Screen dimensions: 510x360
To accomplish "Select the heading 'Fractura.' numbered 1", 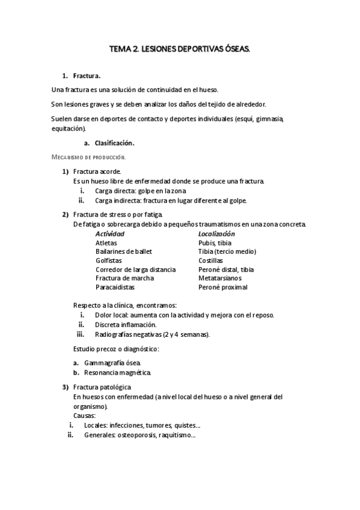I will pyautogui.click(x=87, y=76).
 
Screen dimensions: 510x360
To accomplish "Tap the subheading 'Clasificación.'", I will pyautogui.click(x=114, y=143).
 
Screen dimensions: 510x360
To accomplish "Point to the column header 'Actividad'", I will pyautogui.click(x=110, y=233).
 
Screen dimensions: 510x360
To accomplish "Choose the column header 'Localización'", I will pyautogui.click(x=216, y=233).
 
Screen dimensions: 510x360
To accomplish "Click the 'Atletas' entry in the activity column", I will pyautogui.click(x=106, y=242).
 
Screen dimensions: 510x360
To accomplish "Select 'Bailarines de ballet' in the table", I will pyautogui.click(x=124, y=251).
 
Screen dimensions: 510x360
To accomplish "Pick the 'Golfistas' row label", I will pyautogui.click(x=109, y=260).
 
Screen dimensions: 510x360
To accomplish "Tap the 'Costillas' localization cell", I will pyautogui.click(x=211, y=260).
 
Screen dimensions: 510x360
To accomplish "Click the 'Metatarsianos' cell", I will pyautogui.click(x=220, y=278).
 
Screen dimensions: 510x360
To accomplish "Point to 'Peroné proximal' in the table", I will pyautogui.click(x=222, y=287).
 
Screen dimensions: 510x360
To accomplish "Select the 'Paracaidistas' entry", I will pyautogui.click(x=115, y=287).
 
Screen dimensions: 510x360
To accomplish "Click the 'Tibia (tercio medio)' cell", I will pyautogui.click(x=227, y=251).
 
